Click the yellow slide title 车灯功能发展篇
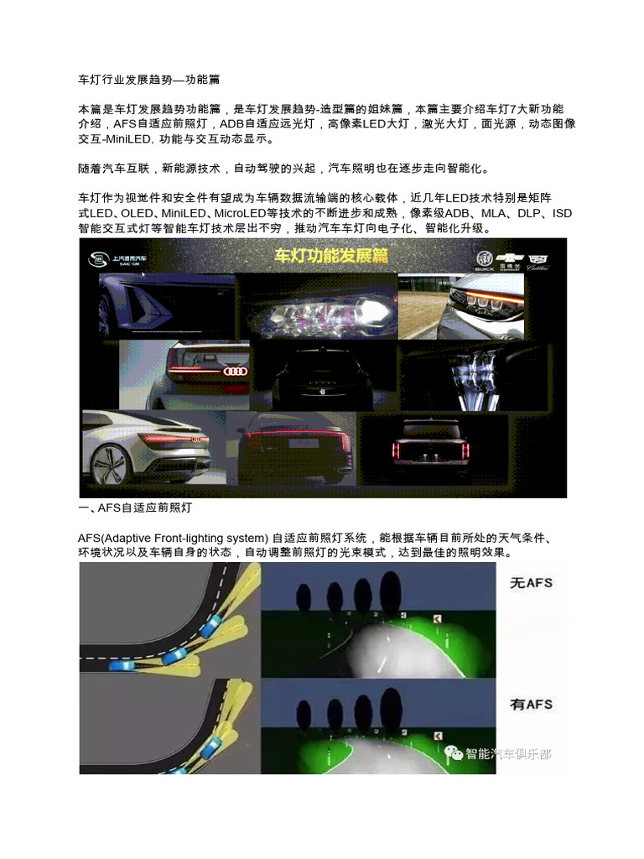[x=331, y=255]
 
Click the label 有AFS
[x=531, y=703]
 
